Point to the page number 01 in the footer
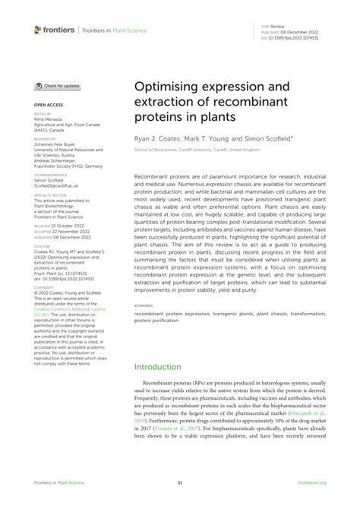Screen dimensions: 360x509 click(x=180, y=482)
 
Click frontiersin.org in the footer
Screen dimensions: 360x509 click(x=311, y=482)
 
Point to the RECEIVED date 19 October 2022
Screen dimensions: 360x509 click(x=71, y=226)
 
